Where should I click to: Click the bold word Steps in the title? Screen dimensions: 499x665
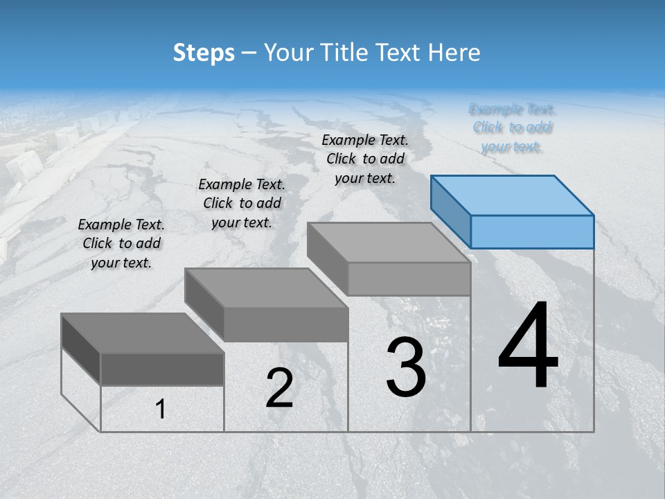click(204, 53)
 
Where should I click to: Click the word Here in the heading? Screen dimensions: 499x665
click(455, 53)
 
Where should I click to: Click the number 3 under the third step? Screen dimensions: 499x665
click(406, 367)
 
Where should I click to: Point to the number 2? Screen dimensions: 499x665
click(279, 388)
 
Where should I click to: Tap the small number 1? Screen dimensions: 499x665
click(161, 410)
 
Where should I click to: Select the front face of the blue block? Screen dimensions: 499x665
click(532, 231)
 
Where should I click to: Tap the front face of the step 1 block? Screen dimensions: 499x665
click(162, 369)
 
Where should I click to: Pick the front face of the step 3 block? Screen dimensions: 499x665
click(409, 279)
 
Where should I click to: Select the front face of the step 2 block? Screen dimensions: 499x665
click(285, 324)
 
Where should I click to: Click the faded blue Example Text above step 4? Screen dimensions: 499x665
click(512, 128)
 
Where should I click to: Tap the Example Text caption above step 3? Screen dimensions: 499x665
click(365, 159)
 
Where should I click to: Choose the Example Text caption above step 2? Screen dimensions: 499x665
click(242, 203)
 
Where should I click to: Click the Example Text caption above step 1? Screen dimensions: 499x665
click(121, 243)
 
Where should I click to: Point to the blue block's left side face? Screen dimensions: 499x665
click(451, 212)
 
